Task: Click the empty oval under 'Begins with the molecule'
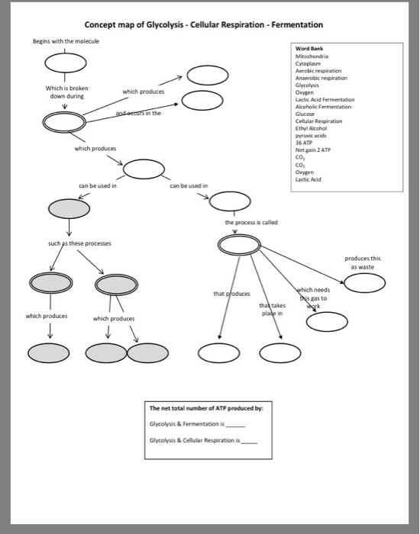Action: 64,60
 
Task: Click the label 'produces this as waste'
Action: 364,262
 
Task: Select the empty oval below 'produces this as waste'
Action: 364,283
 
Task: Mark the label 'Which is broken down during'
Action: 67,92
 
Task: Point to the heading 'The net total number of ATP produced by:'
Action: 206,408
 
